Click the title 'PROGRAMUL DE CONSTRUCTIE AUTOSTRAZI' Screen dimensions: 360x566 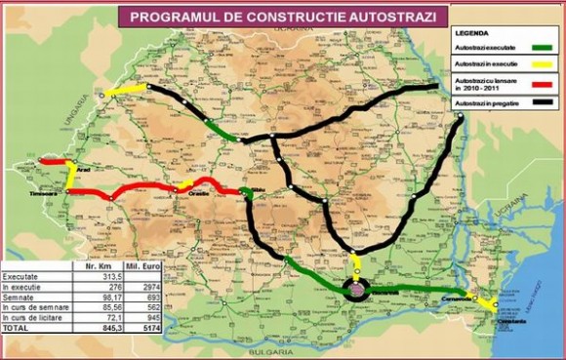(x=283, y=17)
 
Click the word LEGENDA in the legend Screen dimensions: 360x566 (x=475, y=31)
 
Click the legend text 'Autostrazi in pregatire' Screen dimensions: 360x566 (x=485, y=102)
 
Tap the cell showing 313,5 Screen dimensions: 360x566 (x=97, y=276)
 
